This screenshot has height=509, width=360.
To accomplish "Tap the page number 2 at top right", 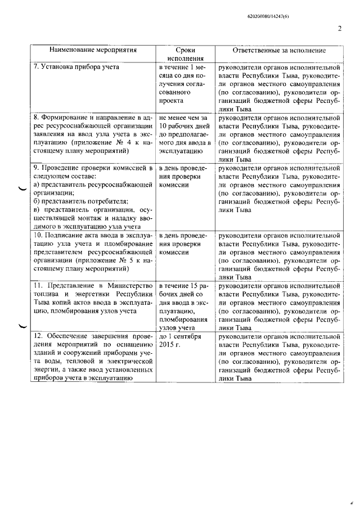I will click(340, 30).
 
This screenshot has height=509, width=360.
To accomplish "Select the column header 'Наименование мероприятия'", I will click(92, 50).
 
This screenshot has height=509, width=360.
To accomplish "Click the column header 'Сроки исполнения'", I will click(184, 54).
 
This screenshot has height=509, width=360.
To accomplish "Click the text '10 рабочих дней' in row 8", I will click(184, 127).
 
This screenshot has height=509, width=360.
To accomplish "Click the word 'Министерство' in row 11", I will click(130, 286).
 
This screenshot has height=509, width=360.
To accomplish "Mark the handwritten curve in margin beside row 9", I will click(22, 188).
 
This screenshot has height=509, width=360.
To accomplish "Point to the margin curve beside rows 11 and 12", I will click(22, 325).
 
